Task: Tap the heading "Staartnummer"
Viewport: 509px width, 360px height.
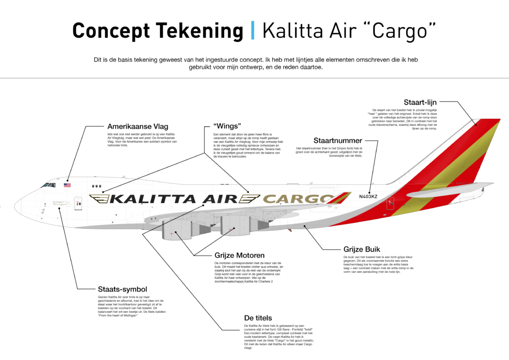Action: [344, 141]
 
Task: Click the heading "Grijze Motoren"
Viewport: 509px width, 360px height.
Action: [239, 256]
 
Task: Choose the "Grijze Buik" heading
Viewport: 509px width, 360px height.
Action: [363, 250]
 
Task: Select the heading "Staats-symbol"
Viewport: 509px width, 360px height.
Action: [122, 289]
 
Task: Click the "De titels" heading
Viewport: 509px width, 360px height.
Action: [257, 317]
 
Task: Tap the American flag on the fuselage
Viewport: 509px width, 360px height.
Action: [67, 185]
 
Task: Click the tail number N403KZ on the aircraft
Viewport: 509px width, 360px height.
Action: [368, 197]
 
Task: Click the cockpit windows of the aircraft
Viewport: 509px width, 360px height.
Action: [48, 185]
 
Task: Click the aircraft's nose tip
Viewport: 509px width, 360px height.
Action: [16, 203]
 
